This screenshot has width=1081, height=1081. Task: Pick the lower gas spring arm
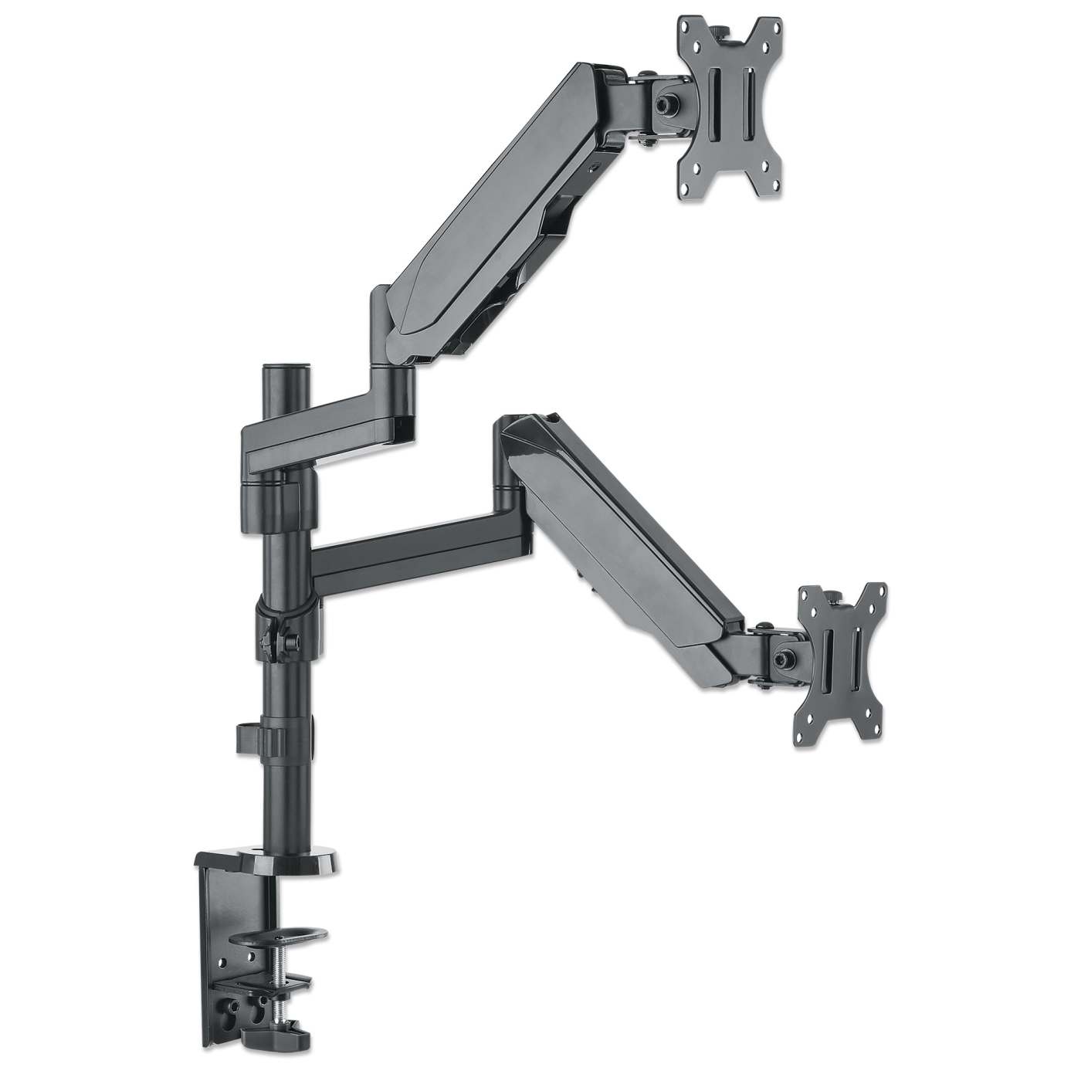618,540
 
